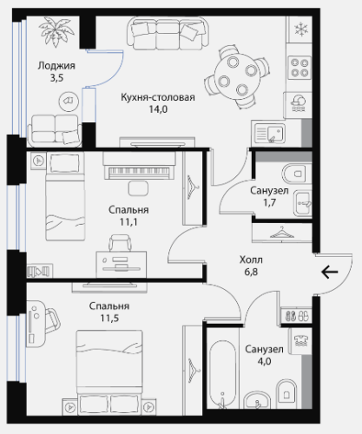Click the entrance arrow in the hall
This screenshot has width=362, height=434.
tap(330, 272)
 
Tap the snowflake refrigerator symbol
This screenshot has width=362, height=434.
tap(301, 30)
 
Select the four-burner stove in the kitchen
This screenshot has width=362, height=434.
tap(299, 68)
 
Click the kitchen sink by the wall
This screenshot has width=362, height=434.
tap(270, 133)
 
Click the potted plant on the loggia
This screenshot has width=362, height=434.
tap(56, 31)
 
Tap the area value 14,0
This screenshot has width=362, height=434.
tap(158, 109)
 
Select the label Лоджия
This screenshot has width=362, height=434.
tap(56, 66)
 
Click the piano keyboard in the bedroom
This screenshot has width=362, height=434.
tap(139, 171)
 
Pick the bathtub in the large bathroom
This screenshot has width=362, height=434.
tap(222, 374)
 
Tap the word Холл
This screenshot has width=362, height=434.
tap(251, 260)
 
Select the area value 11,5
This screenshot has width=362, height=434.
tap(109, 319)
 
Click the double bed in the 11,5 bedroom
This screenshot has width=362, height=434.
tap(109, 372)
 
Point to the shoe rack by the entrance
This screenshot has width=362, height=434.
tap(297, 315)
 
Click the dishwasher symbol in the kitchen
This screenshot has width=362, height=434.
tap(298, 103)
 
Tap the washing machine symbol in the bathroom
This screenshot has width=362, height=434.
tap(301, 341)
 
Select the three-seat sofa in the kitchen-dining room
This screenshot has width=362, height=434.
tap(168, 34)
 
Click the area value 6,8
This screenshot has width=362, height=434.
tap(251, 272)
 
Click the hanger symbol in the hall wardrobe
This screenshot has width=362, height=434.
tap(281, 232)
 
